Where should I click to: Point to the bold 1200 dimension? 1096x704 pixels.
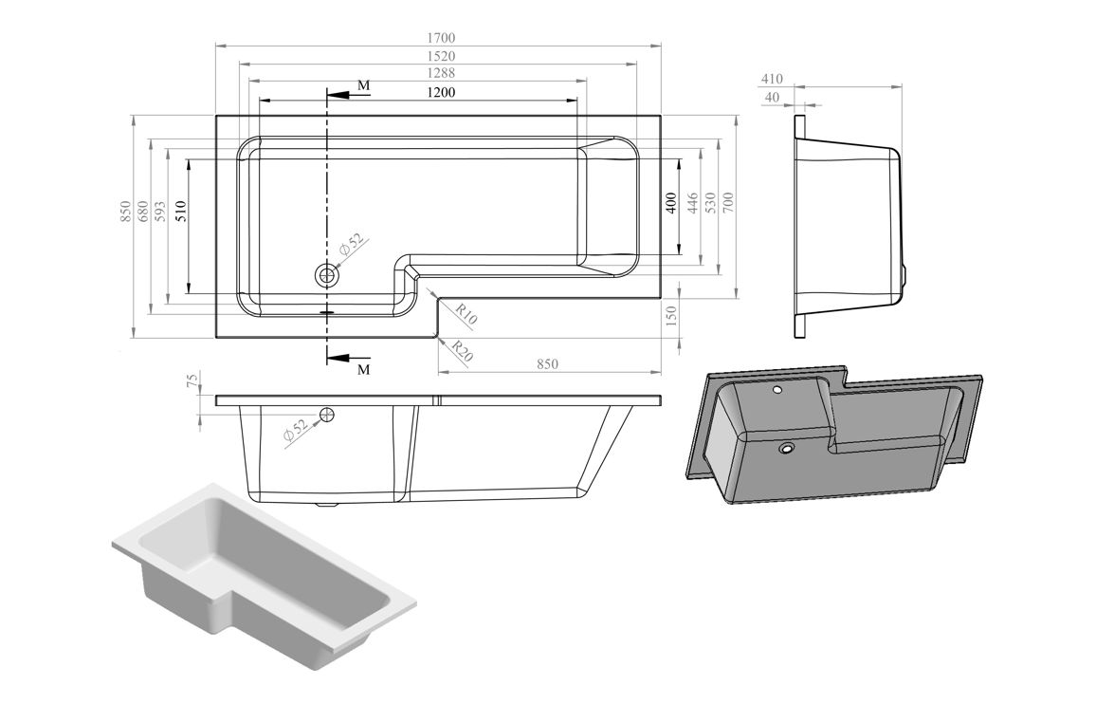point(441,92)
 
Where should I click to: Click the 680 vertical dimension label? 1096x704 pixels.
point(142,211)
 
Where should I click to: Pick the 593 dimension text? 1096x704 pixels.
point(160,211)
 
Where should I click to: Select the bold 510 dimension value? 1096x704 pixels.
point(180,212)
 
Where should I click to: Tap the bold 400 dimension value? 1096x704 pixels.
point(670,202)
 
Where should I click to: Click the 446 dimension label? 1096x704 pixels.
point(692,202)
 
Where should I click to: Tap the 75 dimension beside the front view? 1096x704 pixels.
point(192,381)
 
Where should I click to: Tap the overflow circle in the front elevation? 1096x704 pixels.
point(327,415)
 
